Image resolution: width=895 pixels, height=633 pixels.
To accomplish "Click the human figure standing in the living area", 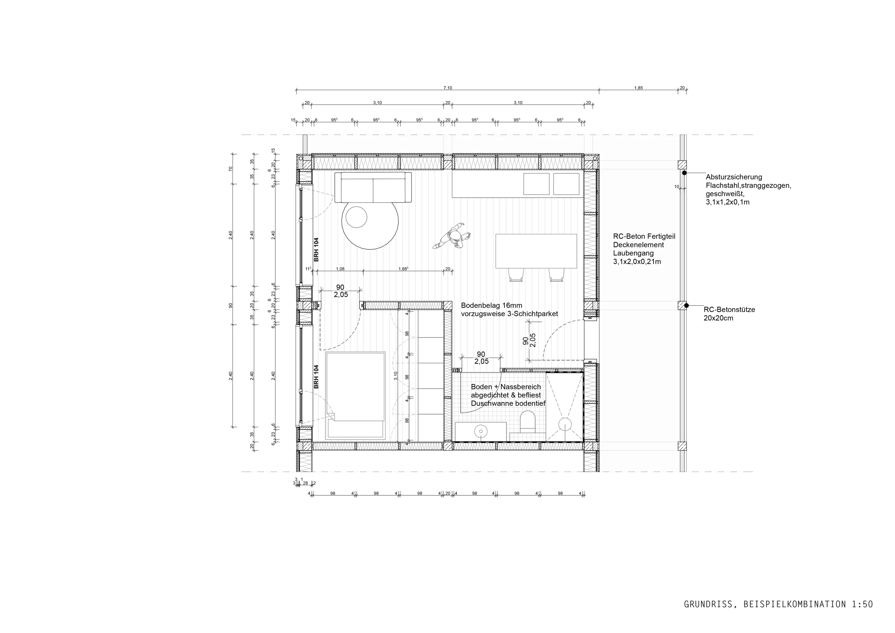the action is pos(452,236).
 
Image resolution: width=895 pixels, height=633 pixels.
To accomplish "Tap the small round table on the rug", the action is pos(356,217).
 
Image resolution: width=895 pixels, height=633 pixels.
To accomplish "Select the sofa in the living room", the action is pos(373,187).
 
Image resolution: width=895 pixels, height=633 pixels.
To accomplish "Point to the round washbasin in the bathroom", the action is pos(481,431).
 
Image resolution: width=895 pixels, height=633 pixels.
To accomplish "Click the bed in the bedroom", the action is pos(356,396).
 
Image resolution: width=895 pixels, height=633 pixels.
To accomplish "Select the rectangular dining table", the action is pos(536,251).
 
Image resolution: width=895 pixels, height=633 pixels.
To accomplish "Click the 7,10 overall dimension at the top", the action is pos(447,88).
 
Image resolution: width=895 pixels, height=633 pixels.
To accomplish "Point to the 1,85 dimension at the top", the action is pos(638,88).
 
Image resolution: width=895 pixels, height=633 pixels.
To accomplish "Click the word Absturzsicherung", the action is pos(733,177).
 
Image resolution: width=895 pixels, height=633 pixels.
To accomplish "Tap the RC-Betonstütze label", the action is pos(729,310).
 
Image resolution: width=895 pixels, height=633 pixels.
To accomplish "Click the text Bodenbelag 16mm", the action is pos(492,305).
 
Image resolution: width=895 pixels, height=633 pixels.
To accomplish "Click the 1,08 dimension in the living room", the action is pos(340,269).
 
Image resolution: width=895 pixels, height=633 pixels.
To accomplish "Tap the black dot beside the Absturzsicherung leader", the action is pos(684,173).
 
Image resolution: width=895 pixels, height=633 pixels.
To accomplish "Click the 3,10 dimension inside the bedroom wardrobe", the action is pos(396,376).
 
